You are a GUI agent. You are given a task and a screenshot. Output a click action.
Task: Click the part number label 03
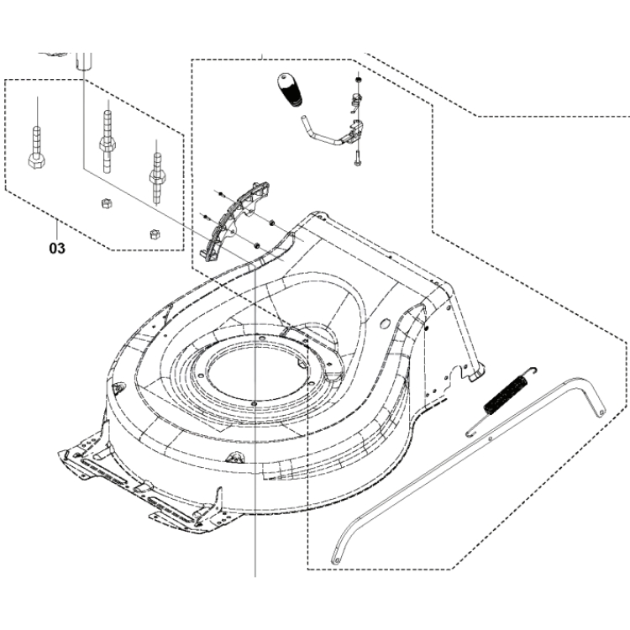coord(56,249)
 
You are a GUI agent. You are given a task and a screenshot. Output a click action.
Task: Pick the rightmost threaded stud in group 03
coord(155,167)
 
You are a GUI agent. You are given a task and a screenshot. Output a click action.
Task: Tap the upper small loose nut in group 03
coord(106,202)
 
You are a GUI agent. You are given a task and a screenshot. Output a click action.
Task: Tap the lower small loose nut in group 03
coord(154,233)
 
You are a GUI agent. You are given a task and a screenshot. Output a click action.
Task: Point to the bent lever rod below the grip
coord(314,129)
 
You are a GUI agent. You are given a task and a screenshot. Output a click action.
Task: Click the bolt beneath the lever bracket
coord(357,155)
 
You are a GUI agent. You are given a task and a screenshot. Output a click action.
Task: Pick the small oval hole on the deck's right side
coord(385,322)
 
